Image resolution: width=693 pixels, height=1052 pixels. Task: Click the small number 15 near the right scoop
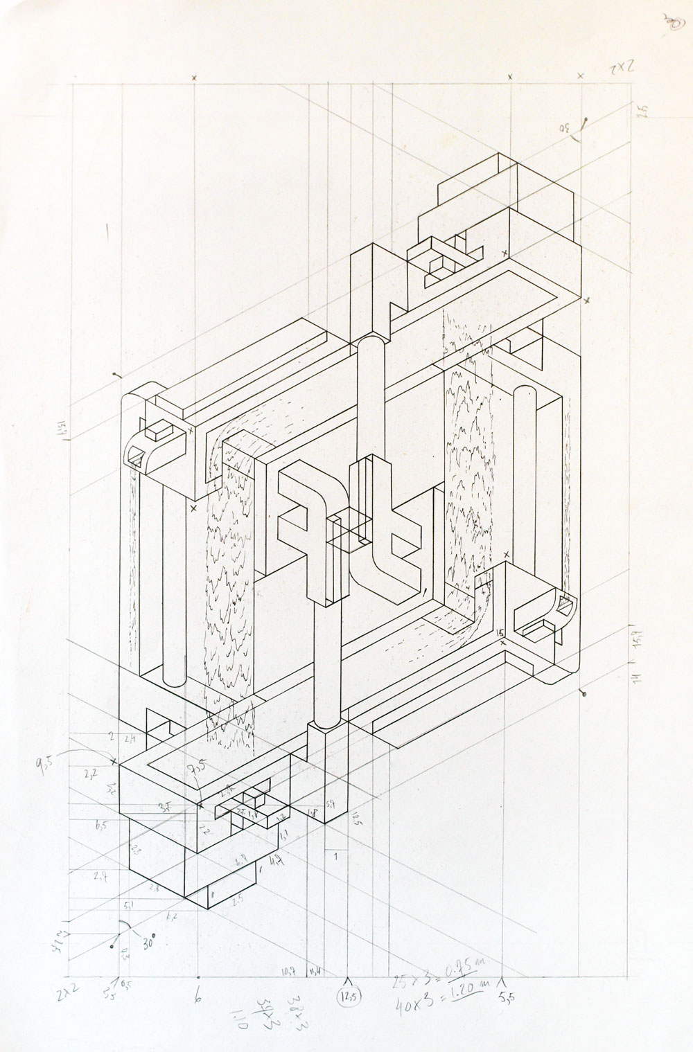(x=499, y=632)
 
